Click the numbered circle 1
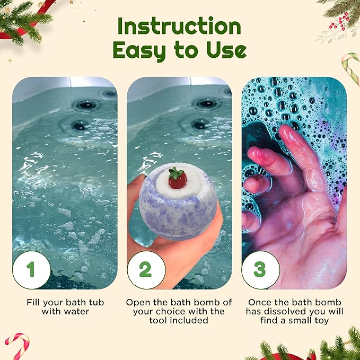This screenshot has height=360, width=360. (x=31, y=270)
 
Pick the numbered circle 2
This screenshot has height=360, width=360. (x=146, y=270)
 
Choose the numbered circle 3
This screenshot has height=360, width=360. (x=260, y=270)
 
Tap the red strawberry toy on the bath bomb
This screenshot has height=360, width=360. (x=177, y=178)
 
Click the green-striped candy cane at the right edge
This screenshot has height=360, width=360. (x=351, y=67)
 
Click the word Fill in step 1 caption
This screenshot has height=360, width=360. (x=33, y=302)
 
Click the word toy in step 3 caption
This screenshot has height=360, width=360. (x=321, y=321)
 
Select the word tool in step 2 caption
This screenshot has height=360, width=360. (x=157, y=320)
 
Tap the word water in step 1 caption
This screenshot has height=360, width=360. (x=77, y=312)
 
